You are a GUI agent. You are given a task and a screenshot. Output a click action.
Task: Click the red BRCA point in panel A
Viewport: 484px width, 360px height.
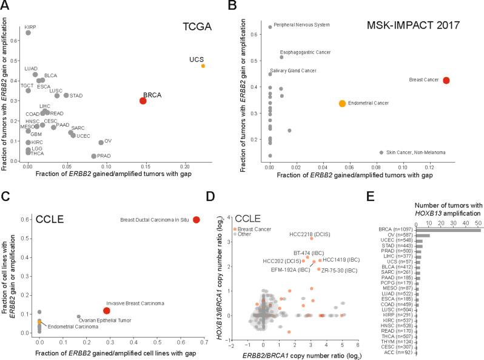(143, 101)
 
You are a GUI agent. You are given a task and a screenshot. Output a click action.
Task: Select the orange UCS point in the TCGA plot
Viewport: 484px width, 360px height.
(203, 66)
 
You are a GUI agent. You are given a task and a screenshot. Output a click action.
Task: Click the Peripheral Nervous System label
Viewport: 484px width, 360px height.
(302, 25)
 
